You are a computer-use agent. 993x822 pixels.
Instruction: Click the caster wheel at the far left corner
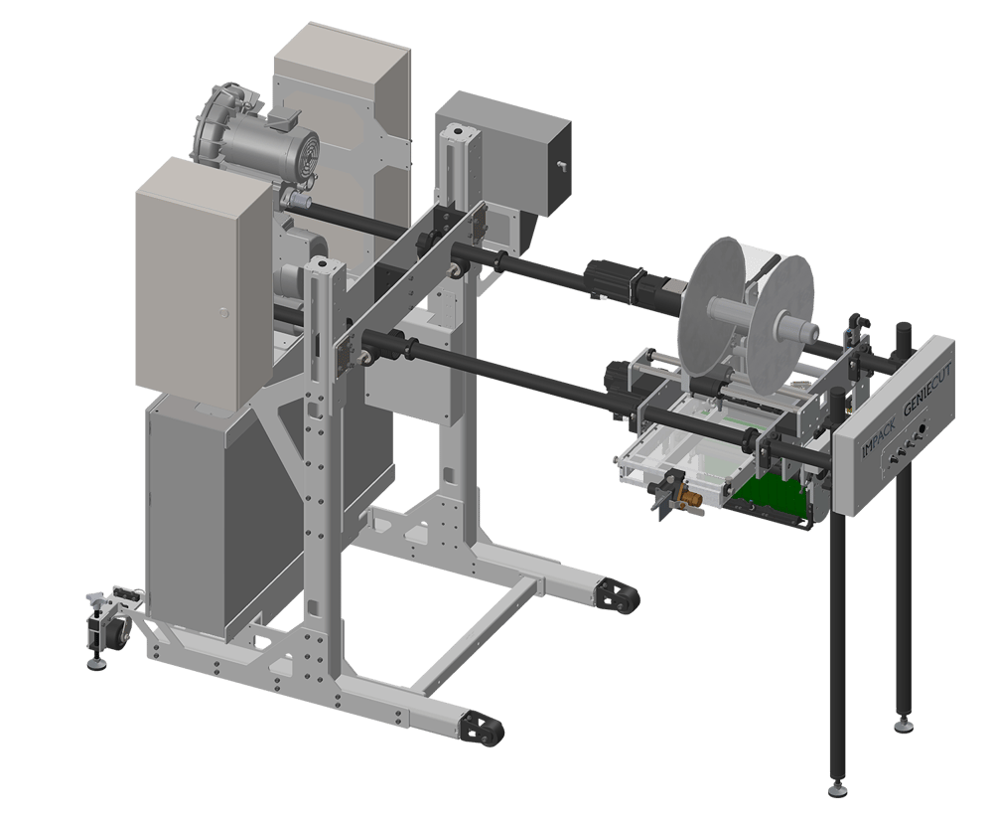[x=111, y=631]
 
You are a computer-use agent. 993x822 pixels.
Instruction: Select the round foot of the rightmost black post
[x=903, y=725]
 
